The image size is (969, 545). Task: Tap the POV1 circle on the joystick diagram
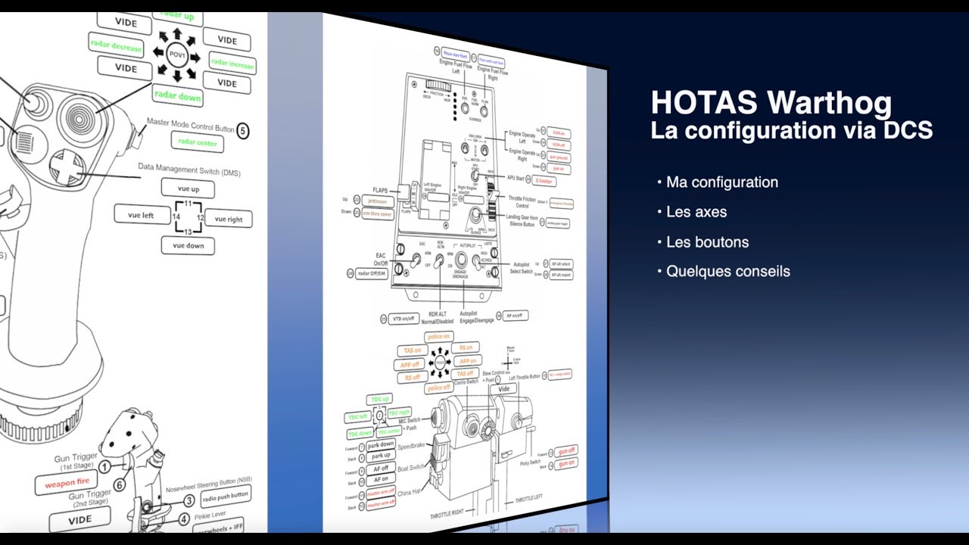tap(176, 54)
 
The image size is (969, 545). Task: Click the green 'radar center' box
tap(198, 142)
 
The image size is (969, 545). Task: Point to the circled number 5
tap(242, 130)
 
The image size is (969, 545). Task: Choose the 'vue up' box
tap(187, 188)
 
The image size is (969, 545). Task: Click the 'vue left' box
tap(142, 215)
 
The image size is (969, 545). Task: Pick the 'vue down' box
tap(188, 245)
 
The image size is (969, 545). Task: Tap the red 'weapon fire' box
tap(67, 482)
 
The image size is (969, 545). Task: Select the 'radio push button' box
tap(225, 496)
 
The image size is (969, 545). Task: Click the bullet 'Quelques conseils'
tap(728, 271)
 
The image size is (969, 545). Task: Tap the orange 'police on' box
tap(438, 337)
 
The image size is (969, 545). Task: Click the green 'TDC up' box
tap(379, 399)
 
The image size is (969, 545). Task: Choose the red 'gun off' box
tap(566, 450)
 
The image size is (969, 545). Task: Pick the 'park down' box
tap(382, 444)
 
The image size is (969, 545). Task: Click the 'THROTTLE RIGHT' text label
tap(447, 512)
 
